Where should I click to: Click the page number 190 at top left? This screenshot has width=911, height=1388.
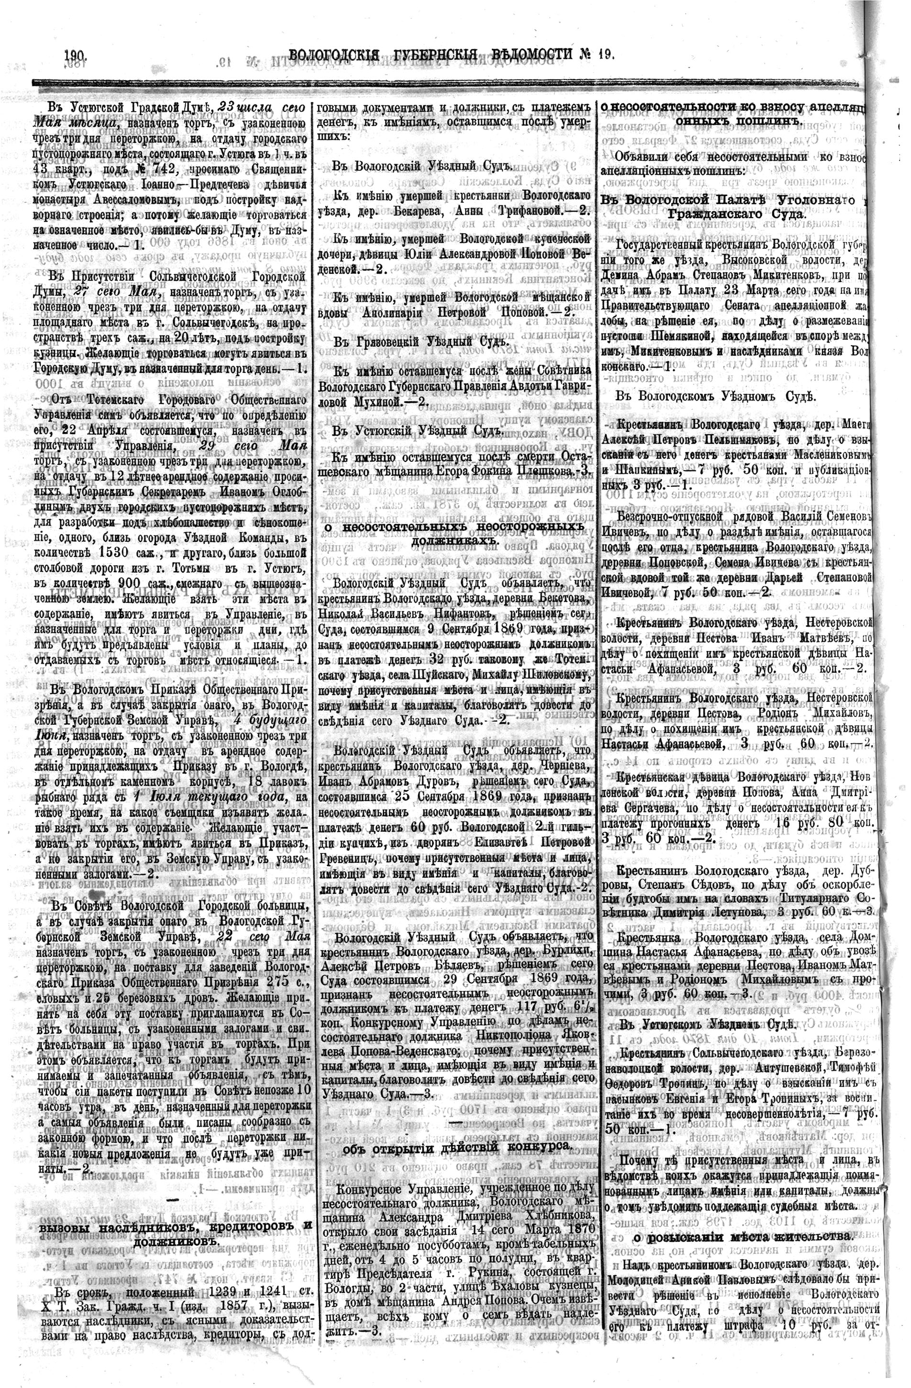pyautogui.click(x=76, y=56)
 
